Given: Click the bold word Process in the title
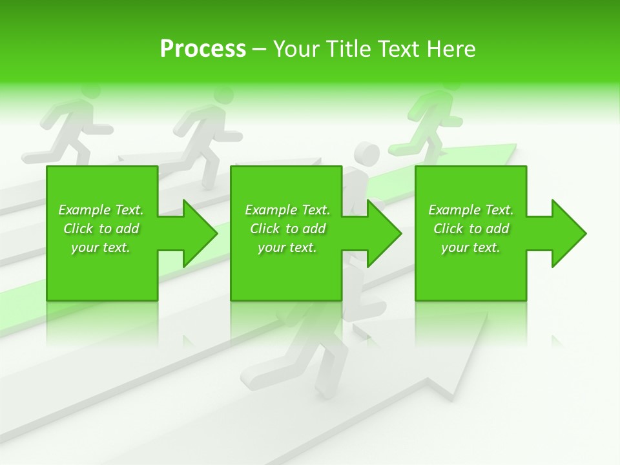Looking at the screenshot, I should [x=203, y=48].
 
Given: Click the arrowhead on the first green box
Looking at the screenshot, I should [x=199, y=233].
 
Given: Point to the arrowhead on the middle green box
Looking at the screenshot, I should [x=384, y=233].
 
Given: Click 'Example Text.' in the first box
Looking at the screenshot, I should [x=101, y=210].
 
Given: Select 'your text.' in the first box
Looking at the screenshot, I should [x=101, y=247].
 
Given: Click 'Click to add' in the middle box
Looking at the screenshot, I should [x=287, y=229].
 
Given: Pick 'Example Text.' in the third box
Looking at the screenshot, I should [x=471, y=210].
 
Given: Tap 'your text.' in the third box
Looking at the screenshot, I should [x=471, y=247].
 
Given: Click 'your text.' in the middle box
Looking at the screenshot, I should [x=287, y=247].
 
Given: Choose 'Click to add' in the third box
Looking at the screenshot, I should [x=471, y=229].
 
